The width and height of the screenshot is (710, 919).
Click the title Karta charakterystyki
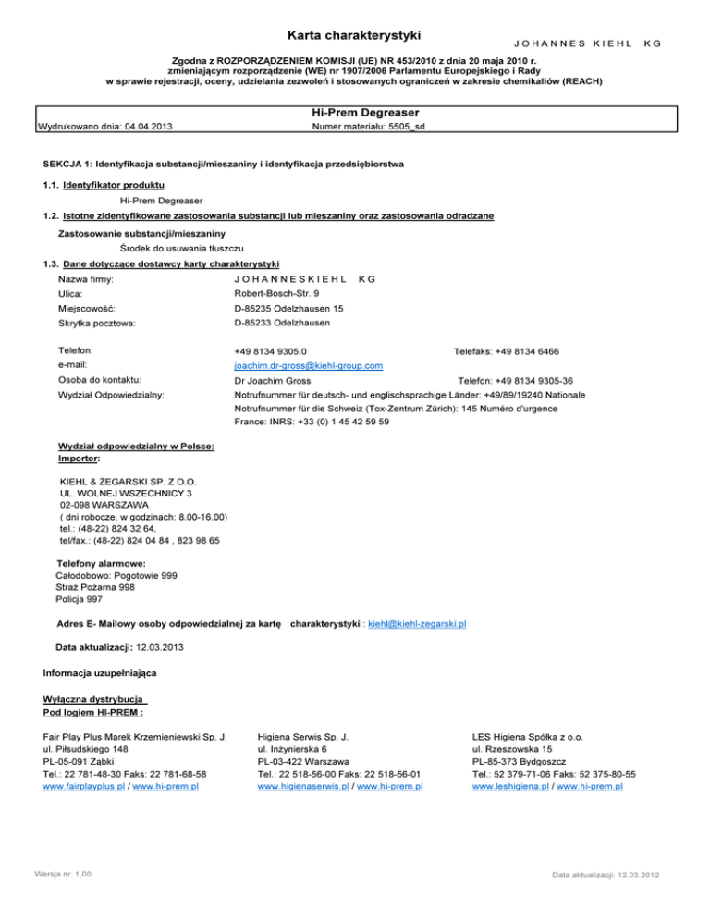tap(355, 36)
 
